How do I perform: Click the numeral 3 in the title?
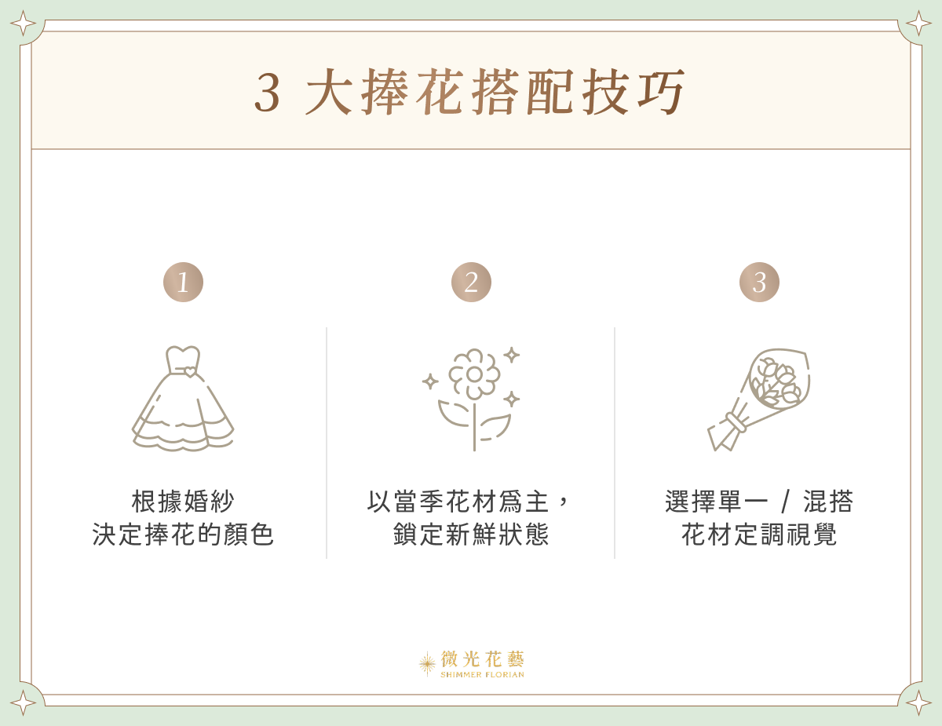(x=268, y=93)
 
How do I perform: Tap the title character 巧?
(x=662, y=93)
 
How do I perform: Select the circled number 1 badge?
(x=183, y=283)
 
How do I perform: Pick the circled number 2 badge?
(x=471, y=283)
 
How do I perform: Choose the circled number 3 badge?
(x=759, y=283)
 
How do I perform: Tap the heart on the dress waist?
(x=190, y=372)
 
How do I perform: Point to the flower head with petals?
(x=474, y=374)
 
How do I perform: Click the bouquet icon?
(x=758, y=399)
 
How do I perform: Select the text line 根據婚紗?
(x=183, y=502)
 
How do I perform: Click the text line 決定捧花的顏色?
(x=183, y=535)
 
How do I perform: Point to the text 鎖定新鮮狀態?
(x=471, y=535)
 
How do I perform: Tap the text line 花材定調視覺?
(x=759, y=535)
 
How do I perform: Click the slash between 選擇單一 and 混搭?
(x=786, y=502)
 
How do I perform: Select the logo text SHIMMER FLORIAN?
(x=482, y=675)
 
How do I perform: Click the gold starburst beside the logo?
(x=427, y=664)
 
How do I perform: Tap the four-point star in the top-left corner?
(x=23, y=24)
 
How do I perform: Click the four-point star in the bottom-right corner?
(x=918, y=702)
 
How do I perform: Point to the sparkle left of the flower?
(x=430, y=381)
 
